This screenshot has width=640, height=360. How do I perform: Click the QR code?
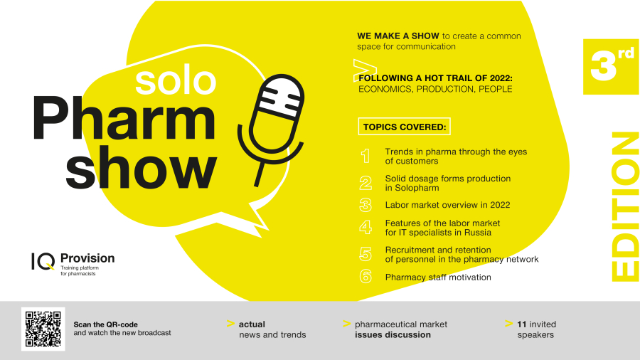click(43, 329)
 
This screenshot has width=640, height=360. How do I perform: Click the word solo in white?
click(176, 81)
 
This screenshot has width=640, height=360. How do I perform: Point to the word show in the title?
click(141, 167)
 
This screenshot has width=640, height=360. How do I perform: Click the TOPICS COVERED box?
click(405, 127)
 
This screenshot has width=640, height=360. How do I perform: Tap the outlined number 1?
click(366, 156)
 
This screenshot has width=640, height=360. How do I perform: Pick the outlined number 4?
click(366, 228)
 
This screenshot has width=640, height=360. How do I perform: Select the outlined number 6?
click(366, 276)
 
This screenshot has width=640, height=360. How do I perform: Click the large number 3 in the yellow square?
click(603, 66)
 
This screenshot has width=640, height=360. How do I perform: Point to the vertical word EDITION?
click(625, 206)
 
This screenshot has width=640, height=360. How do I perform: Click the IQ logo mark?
click(43, 261)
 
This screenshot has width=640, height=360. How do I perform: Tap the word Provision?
click(87, 258)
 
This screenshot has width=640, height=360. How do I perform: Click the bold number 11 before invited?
click(522, 324)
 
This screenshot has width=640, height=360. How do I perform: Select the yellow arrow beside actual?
click(230, 324)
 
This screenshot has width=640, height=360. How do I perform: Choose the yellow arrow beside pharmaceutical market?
click(347, 324)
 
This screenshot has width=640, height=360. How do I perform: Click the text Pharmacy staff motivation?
click(438, 277)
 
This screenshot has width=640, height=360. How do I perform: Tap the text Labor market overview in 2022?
click(447, 205)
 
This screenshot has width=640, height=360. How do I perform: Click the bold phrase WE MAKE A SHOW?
click(398, 36)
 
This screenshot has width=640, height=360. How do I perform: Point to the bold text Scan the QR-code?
click(105, 324)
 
